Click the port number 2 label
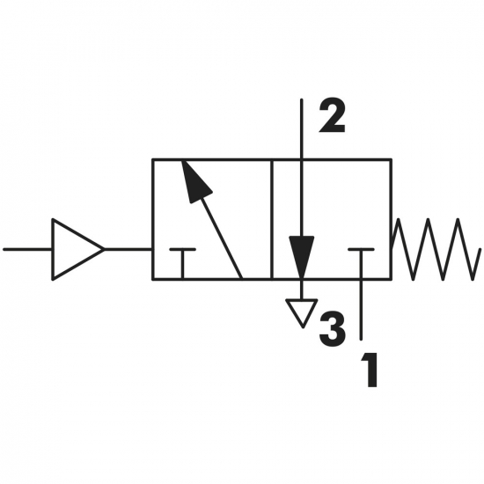pyautogui.click(x=332, y=117)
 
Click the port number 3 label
pyautogui.click(x=332, y=329)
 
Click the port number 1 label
pyautogui.click(x=370, y=370)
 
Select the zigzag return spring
pyautogui.click(x=436, y=249)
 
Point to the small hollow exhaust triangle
pyautogui.click(x=302, y=312)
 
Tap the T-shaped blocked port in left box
pyautogui.click(x=183, y=263)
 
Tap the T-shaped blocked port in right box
pyautogui.click(x=361, y=263)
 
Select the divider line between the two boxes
pyautogui.click(x=272, y=219)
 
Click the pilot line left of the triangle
pyautogui.click(x=28, y=249)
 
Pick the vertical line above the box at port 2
pyautogui.click(x=302, y=129)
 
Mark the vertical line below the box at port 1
pyautogui.click(x=361, y=310)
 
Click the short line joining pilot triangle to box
pyautogui.click(x=128, y=249)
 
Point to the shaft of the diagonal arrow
pyautogui.click(x=222, y=238)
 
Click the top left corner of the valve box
pyautogui.click(x=153, y=159)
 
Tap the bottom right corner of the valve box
pyautogui.click(x=391, y=279)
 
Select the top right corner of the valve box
pyautogui.click(x=391, y=159)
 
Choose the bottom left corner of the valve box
pyautogui.click(x=153, y=279)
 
